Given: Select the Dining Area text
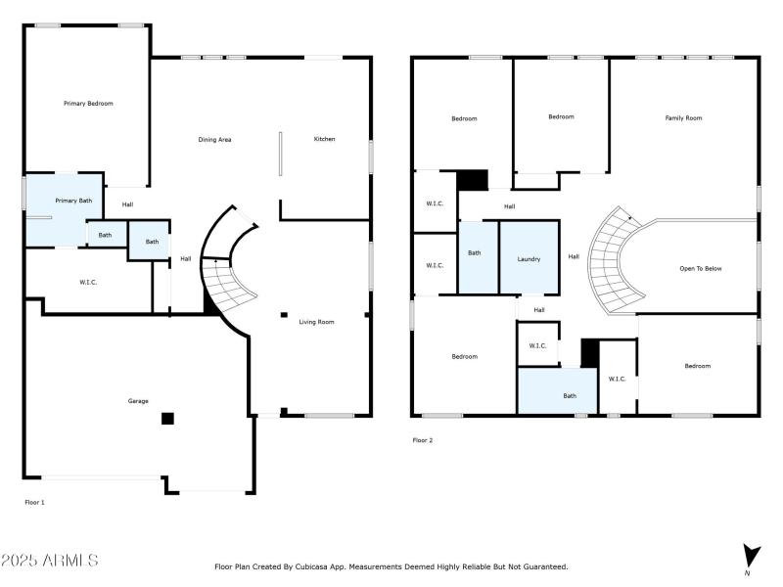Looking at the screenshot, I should [x=214, y=140].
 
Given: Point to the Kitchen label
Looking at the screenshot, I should [x=324, y=139].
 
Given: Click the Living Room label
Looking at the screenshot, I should [x=316, y=321].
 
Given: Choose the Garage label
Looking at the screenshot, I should [x=138, y=401].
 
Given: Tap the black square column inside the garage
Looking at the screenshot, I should [x=167, y=419].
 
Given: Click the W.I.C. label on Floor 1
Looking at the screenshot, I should [x=88, y=283].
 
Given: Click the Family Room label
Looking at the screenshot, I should [x=683, y=118].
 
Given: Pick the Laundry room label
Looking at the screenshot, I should [x=529, y=259].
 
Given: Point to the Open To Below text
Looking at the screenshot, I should [x=700, y=268].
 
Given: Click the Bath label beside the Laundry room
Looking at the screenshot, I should [x=474, y=253].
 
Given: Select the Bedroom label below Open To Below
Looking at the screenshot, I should [x=697, y=366].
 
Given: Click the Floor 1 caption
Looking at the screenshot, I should [x=34, y=502].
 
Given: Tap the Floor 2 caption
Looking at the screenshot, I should [x=422, y=440].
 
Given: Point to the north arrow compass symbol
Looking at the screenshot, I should [x=750, y=555].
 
